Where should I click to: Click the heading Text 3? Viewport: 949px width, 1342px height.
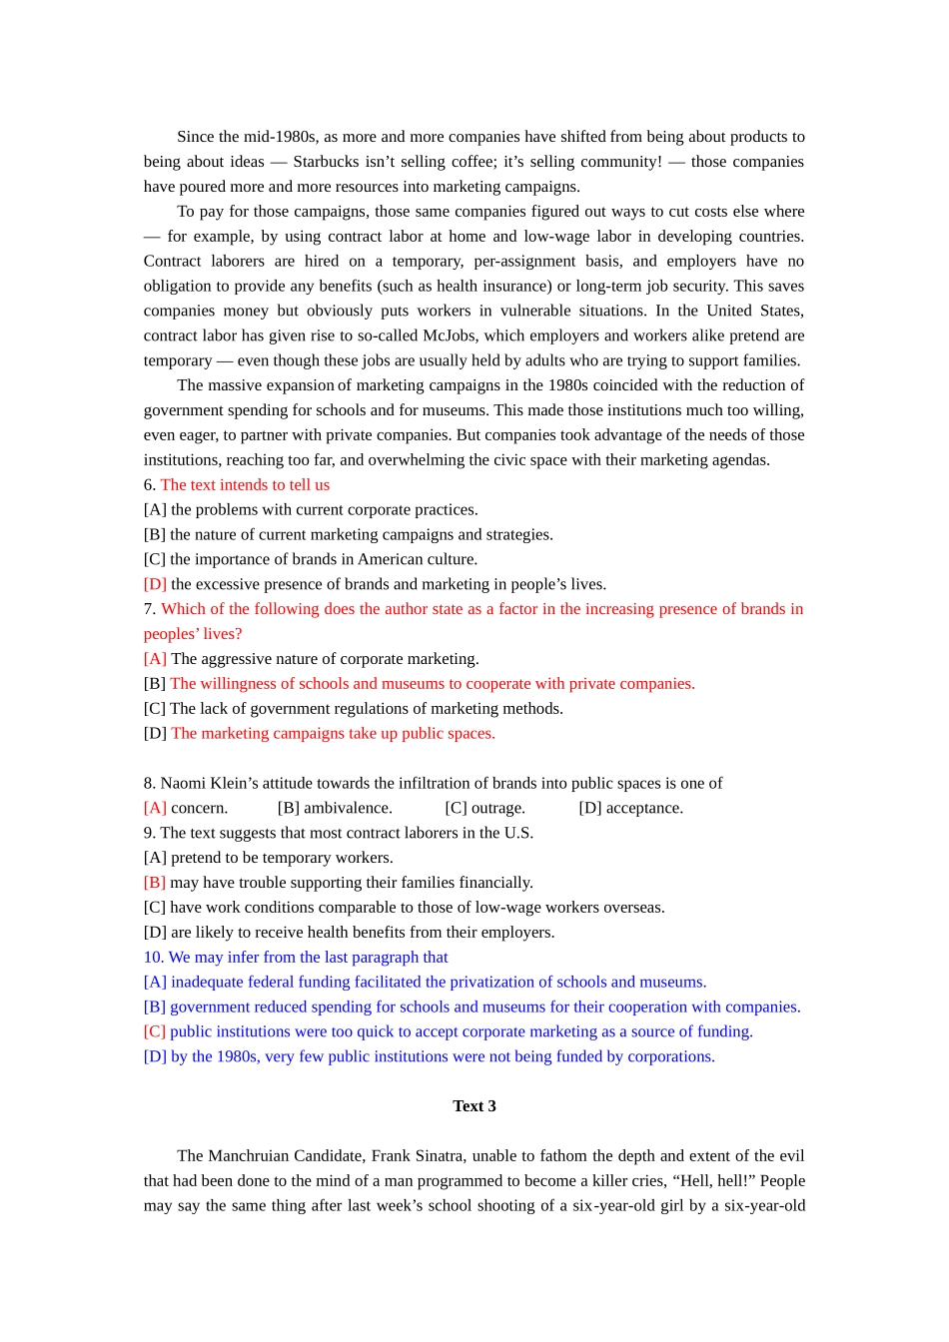point(474,1106)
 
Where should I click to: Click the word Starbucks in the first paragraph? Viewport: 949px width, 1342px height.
point(326,162)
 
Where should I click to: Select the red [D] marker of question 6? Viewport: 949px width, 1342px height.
point(155,584)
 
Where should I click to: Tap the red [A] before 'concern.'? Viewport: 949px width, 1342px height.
point(155,808)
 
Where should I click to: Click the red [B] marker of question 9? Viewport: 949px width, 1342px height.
point(155,883)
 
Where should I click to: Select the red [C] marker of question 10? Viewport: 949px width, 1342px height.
point(155,1031)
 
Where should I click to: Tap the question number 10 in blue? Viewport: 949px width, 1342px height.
point(153,958)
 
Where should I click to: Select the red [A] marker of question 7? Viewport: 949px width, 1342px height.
point(155,659)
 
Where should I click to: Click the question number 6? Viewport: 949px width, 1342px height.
point(149,485)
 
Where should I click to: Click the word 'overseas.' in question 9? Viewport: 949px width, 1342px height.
point(635,908)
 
